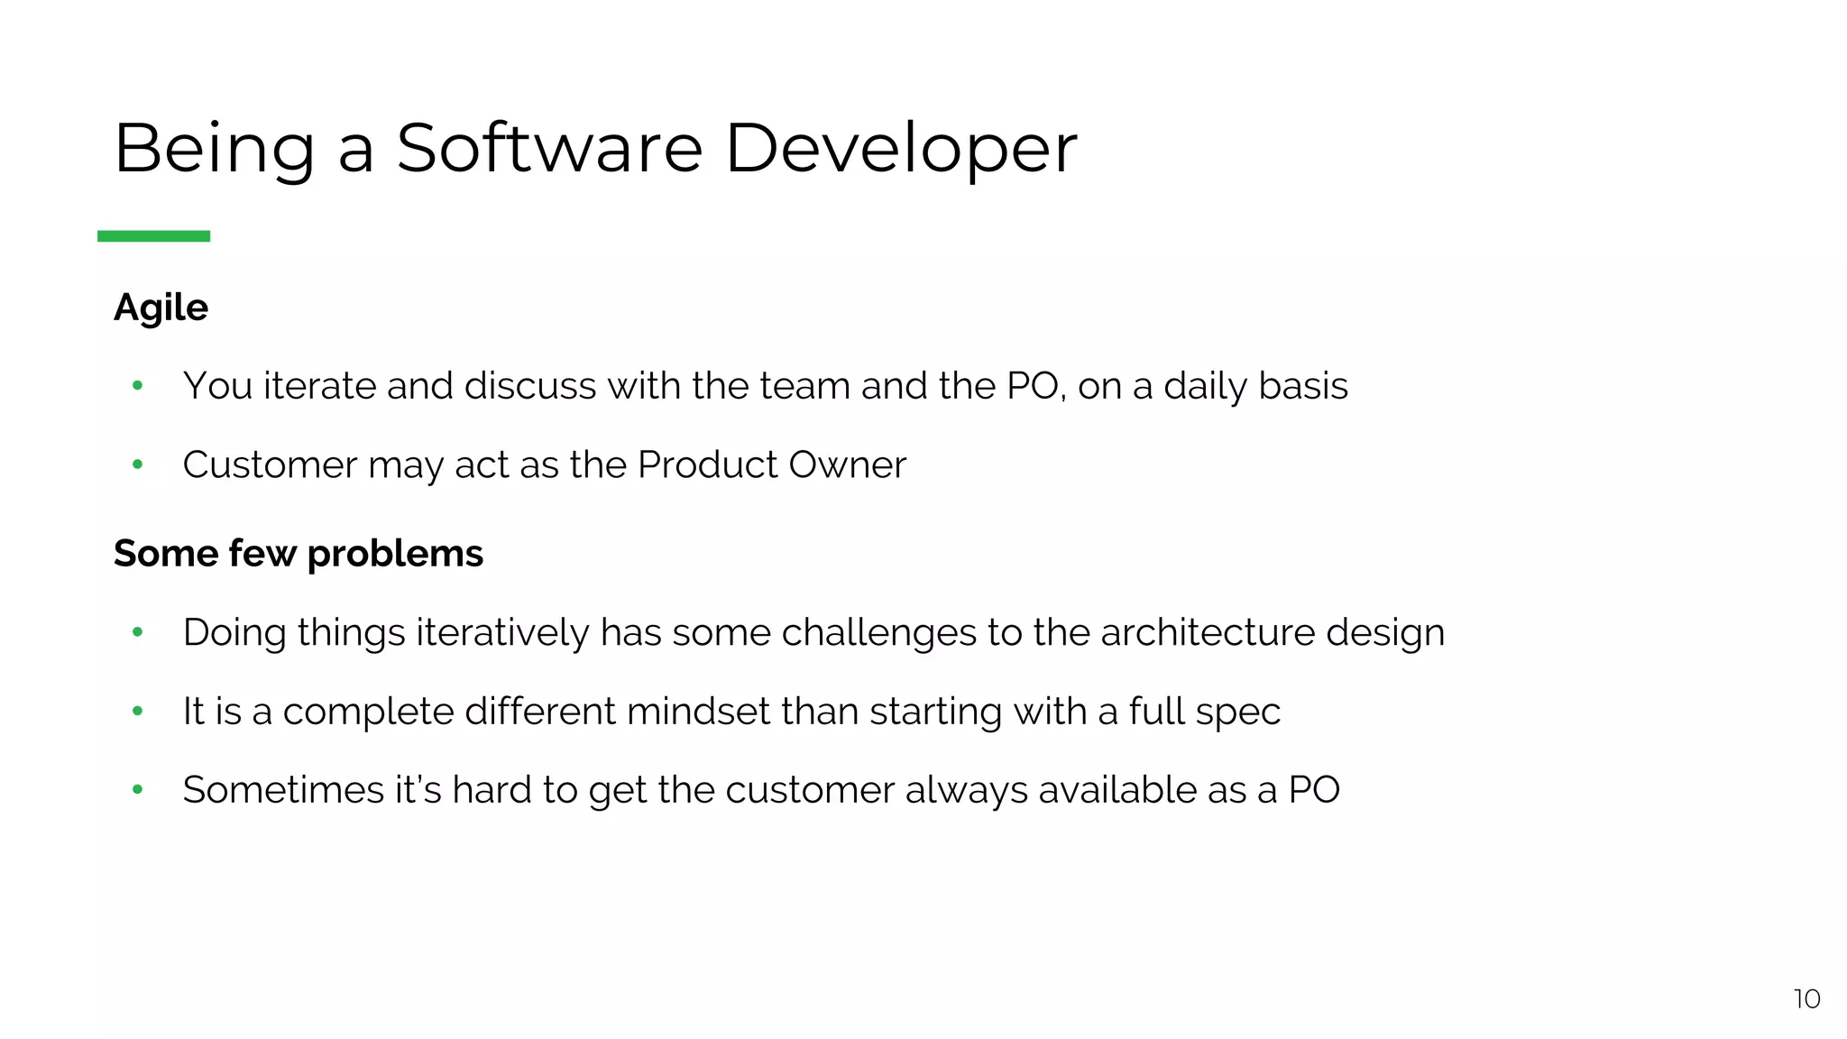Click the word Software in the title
(549, 148)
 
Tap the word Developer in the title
(900, 148)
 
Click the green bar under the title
(153, 236)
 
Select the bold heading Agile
(161, 308)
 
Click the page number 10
(1806, 998)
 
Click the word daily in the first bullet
(1205, 386)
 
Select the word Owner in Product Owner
(847, 465)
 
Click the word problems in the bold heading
(395, 554)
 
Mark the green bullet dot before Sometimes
(137, 790)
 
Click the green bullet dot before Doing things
(137, 632)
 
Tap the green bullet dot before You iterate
(137, 386)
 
